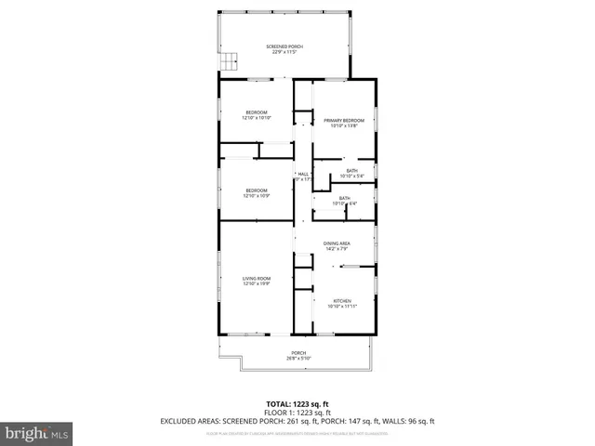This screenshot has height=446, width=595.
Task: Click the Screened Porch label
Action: tap(284, 46)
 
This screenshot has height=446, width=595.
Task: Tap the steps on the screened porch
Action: tap(228, 62)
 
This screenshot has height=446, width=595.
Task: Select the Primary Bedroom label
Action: tap(344, 121)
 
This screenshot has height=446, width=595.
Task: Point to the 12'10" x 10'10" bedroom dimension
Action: tap(257, 118)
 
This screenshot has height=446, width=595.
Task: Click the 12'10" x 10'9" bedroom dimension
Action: tap(257, 196)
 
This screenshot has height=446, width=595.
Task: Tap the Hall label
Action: tap(303, 174)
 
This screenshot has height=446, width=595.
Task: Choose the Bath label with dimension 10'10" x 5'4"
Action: tap(351, 171)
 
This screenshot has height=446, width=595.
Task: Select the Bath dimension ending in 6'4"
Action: tap(346, 203)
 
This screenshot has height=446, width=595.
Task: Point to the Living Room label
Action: tap(257, 278)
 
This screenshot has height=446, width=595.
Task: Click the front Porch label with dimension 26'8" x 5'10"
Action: tap(298, 352)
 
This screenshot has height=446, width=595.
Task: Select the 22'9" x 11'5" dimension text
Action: tap(284, 52)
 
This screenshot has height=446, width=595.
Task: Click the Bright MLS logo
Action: tap(37, 433)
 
